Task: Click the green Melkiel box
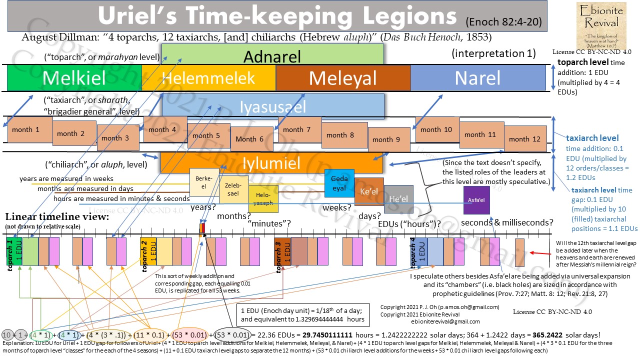pos(74,78)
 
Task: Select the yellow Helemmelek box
pos(208,78)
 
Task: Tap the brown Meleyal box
pos(343,78)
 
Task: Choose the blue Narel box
pos(477,78)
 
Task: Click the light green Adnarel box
pos(272,54)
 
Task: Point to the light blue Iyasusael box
pos(272,106)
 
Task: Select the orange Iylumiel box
pos(271,163)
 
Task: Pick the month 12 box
pos(525,139)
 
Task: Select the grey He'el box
pos(398,199)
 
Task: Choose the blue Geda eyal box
pos(339,183)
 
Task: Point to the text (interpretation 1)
pos(493,53)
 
